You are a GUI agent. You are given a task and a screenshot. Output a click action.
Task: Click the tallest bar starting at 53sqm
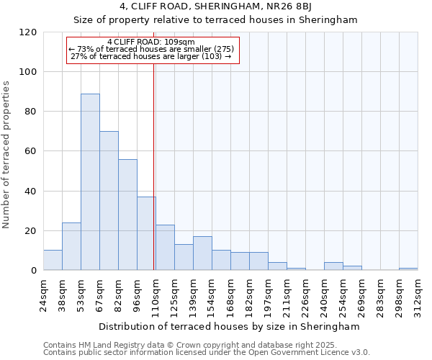[90, 181]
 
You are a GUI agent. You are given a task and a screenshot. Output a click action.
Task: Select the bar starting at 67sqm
[109, 200]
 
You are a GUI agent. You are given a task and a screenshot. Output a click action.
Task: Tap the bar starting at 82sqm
[127, 215]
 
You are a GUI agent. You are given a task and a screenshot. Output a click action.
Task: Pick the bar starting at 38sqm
[71, 246]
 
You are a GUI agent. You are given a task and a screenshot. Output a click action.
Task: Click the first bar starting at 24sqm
[53, 260]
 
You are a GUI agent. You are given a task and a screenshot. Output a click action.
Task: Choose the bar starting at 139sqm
[202, 253]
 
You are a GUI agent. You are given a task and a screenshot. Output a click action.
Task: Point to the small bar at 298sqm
[408, 269]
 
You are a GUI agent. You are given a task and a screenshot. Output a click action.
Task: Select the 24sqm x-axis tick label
[44, 293]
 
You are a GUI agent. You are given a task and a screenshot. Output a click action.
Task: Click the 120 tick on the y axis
[28, 32]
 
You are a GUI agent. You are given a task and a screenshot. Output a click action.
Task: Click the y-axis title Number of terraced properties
[6, 155]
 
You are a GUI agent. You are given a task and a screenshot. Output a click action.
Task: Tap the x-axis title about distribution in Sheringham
[218, 326]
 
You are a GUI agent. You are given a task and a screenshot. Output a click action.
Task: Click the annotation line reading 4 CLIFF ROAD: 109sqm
[150, 42]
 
